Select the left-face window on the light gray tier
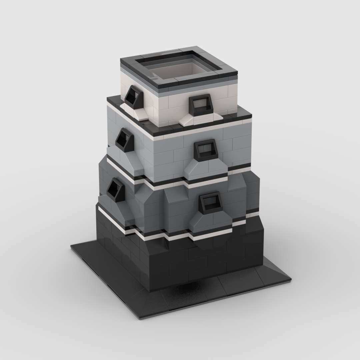point(124,139)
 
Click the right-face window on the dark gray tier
point(210,203)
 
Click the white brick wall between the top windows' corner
point(163,107)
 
